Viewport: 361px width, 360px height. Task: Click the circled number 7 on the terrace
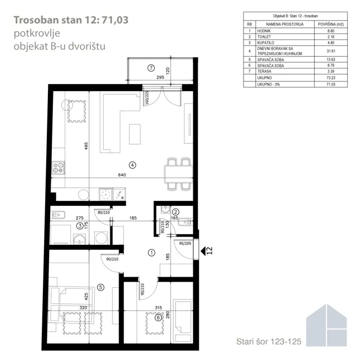(151, 68)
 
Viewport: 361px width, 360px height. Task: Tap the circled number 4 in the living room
(133, 165)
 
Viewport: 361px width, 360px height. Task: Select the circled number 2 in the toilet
(175, 212)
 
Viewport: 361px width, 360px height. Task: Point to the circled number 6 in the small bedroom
(158, 318)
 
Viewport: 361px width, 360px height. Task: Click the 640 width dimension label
(122, 175)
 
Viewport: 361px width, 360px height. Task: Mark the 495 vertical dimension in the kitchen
(86, 146)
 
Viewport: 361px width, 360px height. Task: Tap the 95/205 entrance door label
(185, 244)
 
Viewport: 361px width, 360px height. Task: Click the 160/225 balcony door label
(147, 97)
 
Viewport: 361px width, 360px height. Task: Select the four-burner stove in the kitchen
(58, 167)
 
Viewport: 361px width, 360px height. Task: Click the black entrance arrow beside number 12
(203, 251)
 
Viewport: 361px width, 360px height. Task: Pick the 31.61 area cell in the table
(331, 51)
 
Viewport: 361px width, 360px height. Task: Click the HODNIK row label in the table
(264, 31)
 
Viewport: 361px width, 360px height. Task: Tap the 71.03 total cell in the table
(331, 85)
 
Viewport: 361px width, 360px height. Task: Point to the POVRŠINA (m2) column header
(331, 24)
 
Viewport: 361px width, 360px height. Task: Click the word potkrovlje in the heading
(37, 33)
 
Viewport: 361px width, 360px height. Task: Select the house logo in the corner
(326, 325)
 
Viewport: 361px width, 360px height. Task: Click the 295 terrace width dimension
(160, 77)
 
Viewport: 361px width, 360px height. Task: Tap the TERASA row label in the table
(264, 71)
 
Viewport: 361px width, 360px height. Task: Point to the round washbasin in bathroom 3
(79, 239)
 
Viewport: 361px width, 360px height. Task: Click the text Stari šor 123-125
(269, 342)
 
